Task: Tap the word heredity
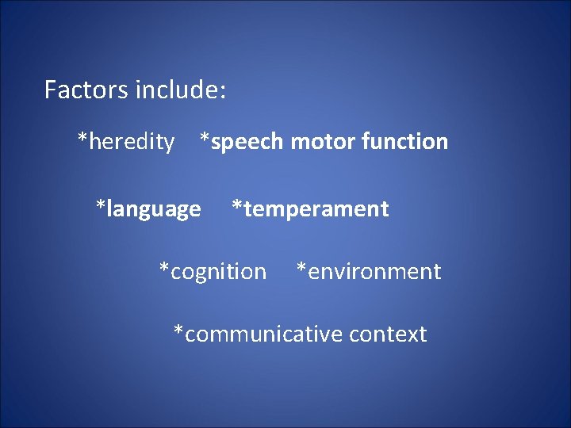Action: (x=132, y=142)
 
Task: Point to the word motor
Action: (x=324, y=142)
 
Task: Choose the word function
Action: (x=405, y=142)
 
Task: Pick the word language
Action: (x=153, y=210)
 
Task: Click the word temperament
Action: (x=316, y=209)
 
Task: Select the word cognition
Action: (x=218, y=272)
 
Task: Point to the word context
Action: (x=388, y=334)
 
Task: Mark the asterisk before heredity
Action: (x=82, y=139)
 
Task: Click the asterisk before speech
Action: (x=205, y=139)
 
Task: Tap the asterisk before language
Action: (x=101, y=206)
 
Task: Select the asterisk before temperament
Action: (x=236, y=206)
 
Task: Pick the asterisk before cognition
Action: (x=164, y=268)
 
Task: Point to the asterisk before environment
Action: (x=301, y=268)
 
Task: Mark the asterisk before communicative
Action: (x=178, y=331)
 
